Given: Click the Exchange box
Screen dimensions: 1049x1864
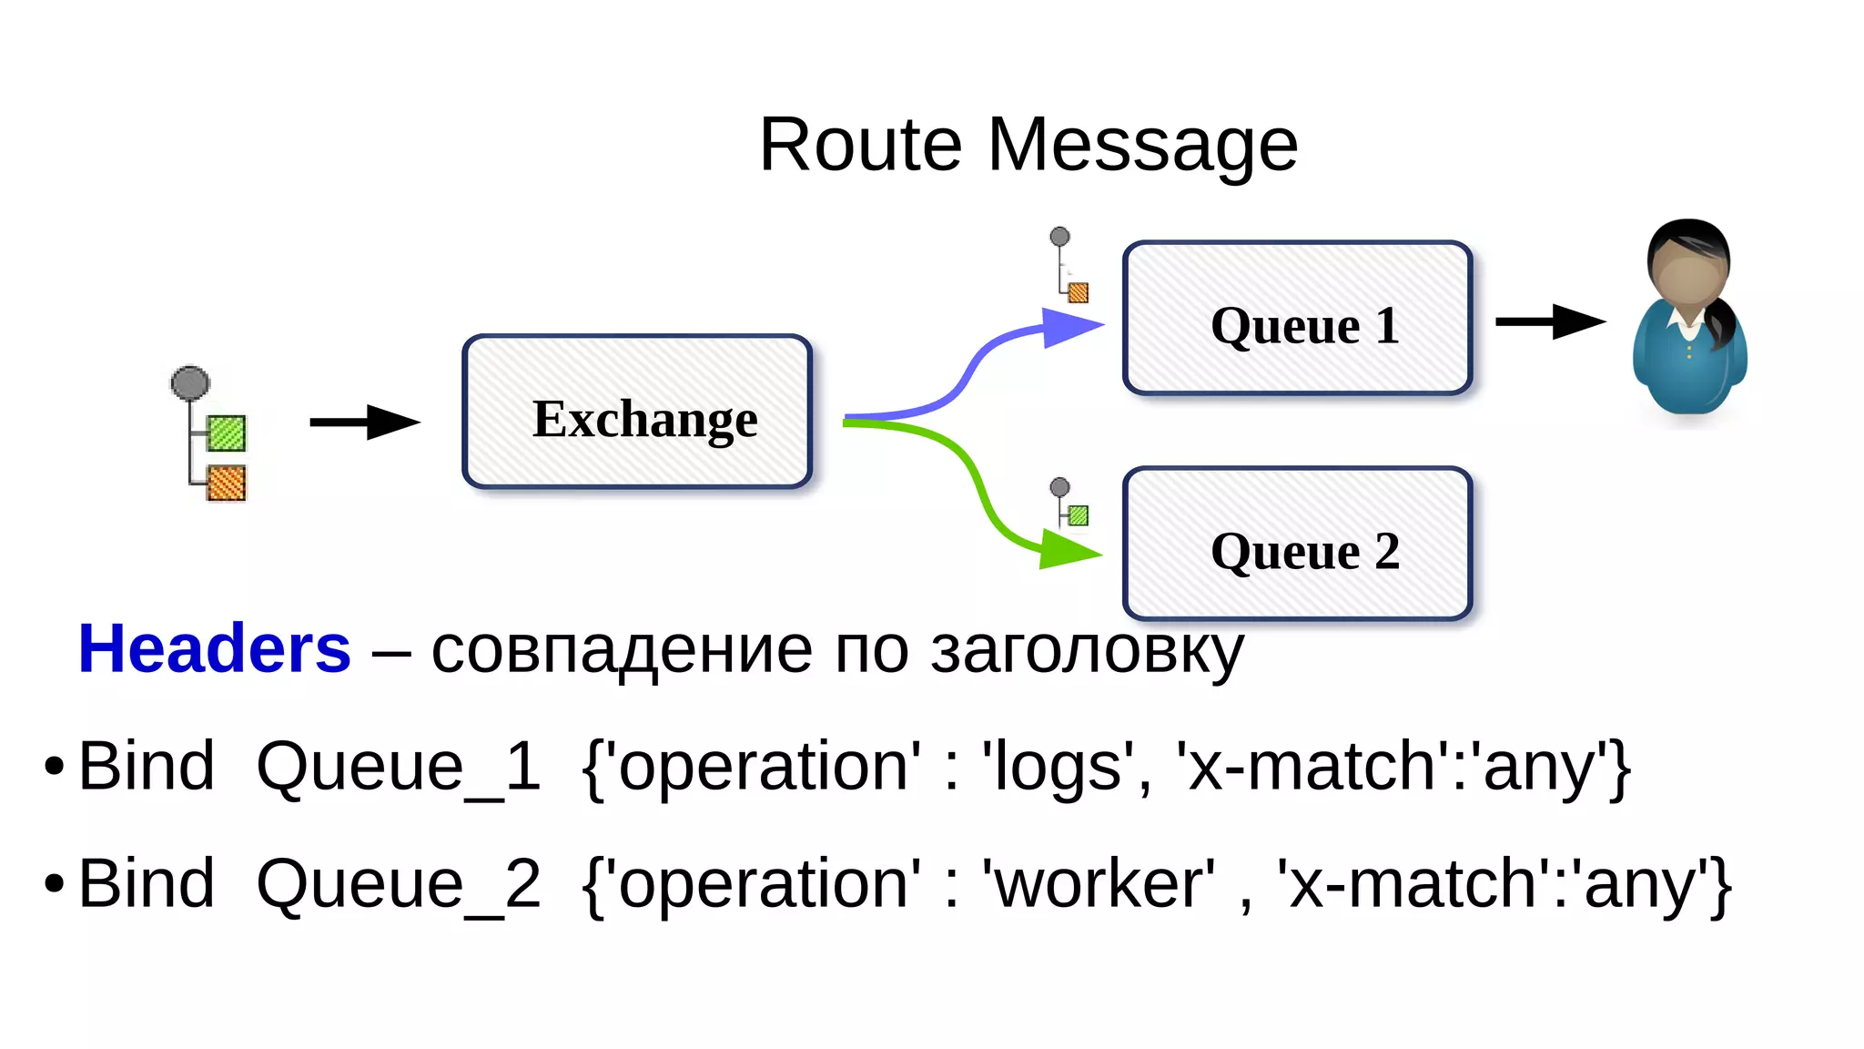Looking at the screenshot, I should [x=637, y=412].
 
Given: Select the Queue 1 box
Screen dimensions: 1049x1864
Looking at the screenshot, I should [x=1297, y=319].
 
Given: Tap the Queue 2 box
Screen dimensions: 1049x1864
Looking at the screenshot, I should [x=1297, y=545].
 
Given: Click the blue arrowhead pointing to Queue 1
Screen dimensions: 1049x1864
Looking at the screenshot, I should [x=1070, y=327].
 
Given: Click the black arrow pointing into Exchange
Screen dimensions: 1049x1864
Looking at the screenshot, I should [x=364, y=422].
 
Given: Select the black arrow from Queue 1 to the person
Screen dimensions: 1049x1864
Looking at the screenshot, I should [x=1549, y=321].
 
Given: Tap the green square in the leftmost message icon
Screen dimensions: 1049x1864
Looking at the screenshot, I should [x=226, y=433].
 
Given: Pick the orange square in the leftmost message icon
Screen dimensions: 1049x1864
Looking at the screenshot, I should [x=226, y=483].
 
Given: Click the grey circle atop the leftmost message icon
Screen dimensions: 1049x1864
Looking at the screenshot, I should [x=190, y=383].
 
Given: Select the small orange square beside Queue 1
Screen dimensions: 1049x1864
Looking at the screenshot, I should [x=1079, y=292].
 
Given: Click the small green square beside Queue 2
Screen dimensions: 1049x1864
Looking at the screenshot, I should [x=1079, y=516].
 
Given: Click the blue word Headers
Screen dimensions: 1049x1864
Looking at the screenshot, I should [x=215, y=649].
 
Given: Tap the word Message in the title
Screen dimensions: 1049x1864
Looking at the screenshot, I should [x=1142, y=145].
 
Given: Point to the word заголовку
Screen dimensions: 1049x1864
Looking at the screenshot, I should [x=1087, y=651].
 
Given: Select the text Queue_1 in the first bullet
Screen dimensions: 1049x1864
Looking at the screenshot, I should [x=398, y=767].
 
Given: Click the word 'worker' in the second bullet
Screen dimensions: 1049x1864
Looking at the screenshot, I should [x=1098, y=884].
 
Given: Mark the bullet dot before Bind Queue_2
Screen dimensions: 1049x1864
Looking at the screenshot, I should [x=55, y=883].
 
